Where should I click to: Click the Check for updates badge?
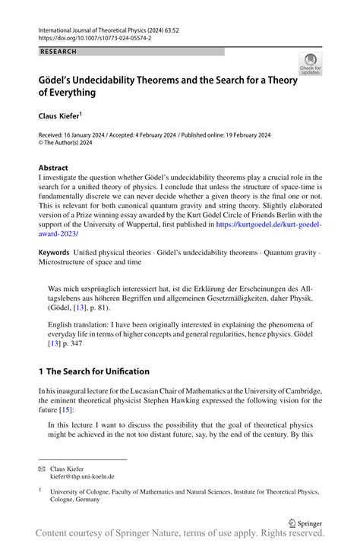coord(310,65)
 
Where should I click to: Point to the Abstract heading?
coord(53,168)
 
